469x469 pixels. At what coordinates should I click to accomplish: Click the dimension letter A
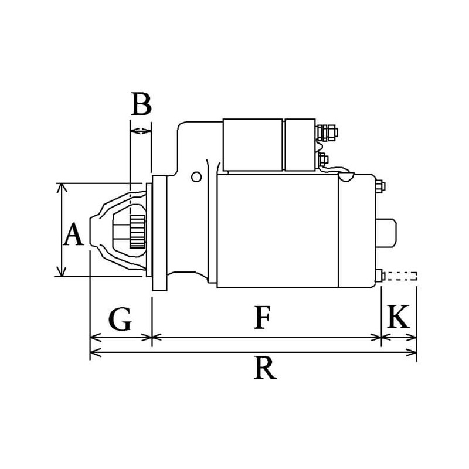click(x=73, y=236)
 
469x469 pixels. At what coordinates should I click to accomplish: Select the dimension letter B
click(x=141, y=104)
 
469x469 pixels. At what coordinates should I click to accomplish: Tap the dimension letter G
click(x=120, y=320)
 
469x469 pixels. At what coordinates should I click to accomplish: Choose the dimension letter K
click(x=399, y=318)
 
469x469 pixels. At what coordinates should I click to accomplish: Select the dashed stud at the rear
click(x=402, y=276)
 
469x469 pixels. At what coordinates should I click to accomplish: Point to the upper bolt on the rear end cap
click(x=379, y=186)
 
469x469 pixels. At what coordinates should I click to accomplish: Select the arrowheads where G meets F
click(x=152, y=338)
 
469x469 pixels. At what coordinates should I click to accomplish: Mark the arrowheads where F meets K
click(x=382, y=338)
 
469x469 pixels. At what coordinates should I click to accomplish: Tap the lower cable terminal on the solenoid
click(x=322, y=158)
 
